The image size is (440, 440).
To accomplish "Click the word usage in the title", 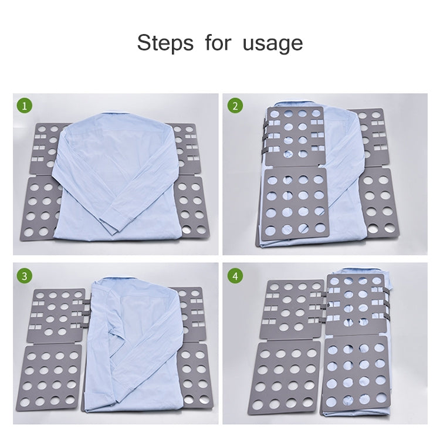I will coord(273,43).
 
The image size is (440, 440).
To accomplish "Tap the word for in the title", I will coord(218,43).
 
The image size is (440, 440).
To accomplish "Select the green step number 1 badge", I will coord(24,106).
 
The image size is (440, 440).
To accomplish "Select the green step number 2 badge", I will coord(235,106).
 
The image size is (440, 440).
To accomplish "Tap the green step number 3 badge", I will coord(24,275).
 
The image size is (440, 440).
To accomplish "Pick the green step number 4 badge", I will coord(235,275).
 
